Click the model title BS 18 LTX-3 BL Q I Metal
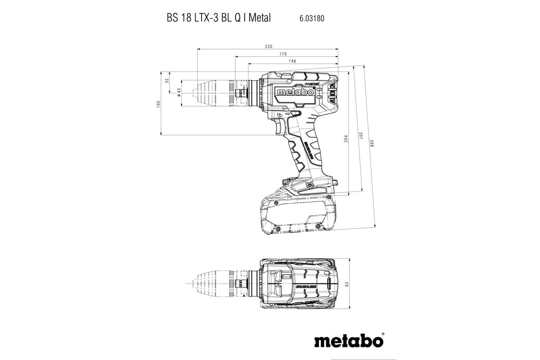click(216, 18)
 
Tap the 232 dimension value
click(269, 47)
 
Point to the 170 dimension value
click(283, 54)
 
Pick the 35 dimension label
click(166, 81)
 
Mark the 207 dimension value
click(360, 137)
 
